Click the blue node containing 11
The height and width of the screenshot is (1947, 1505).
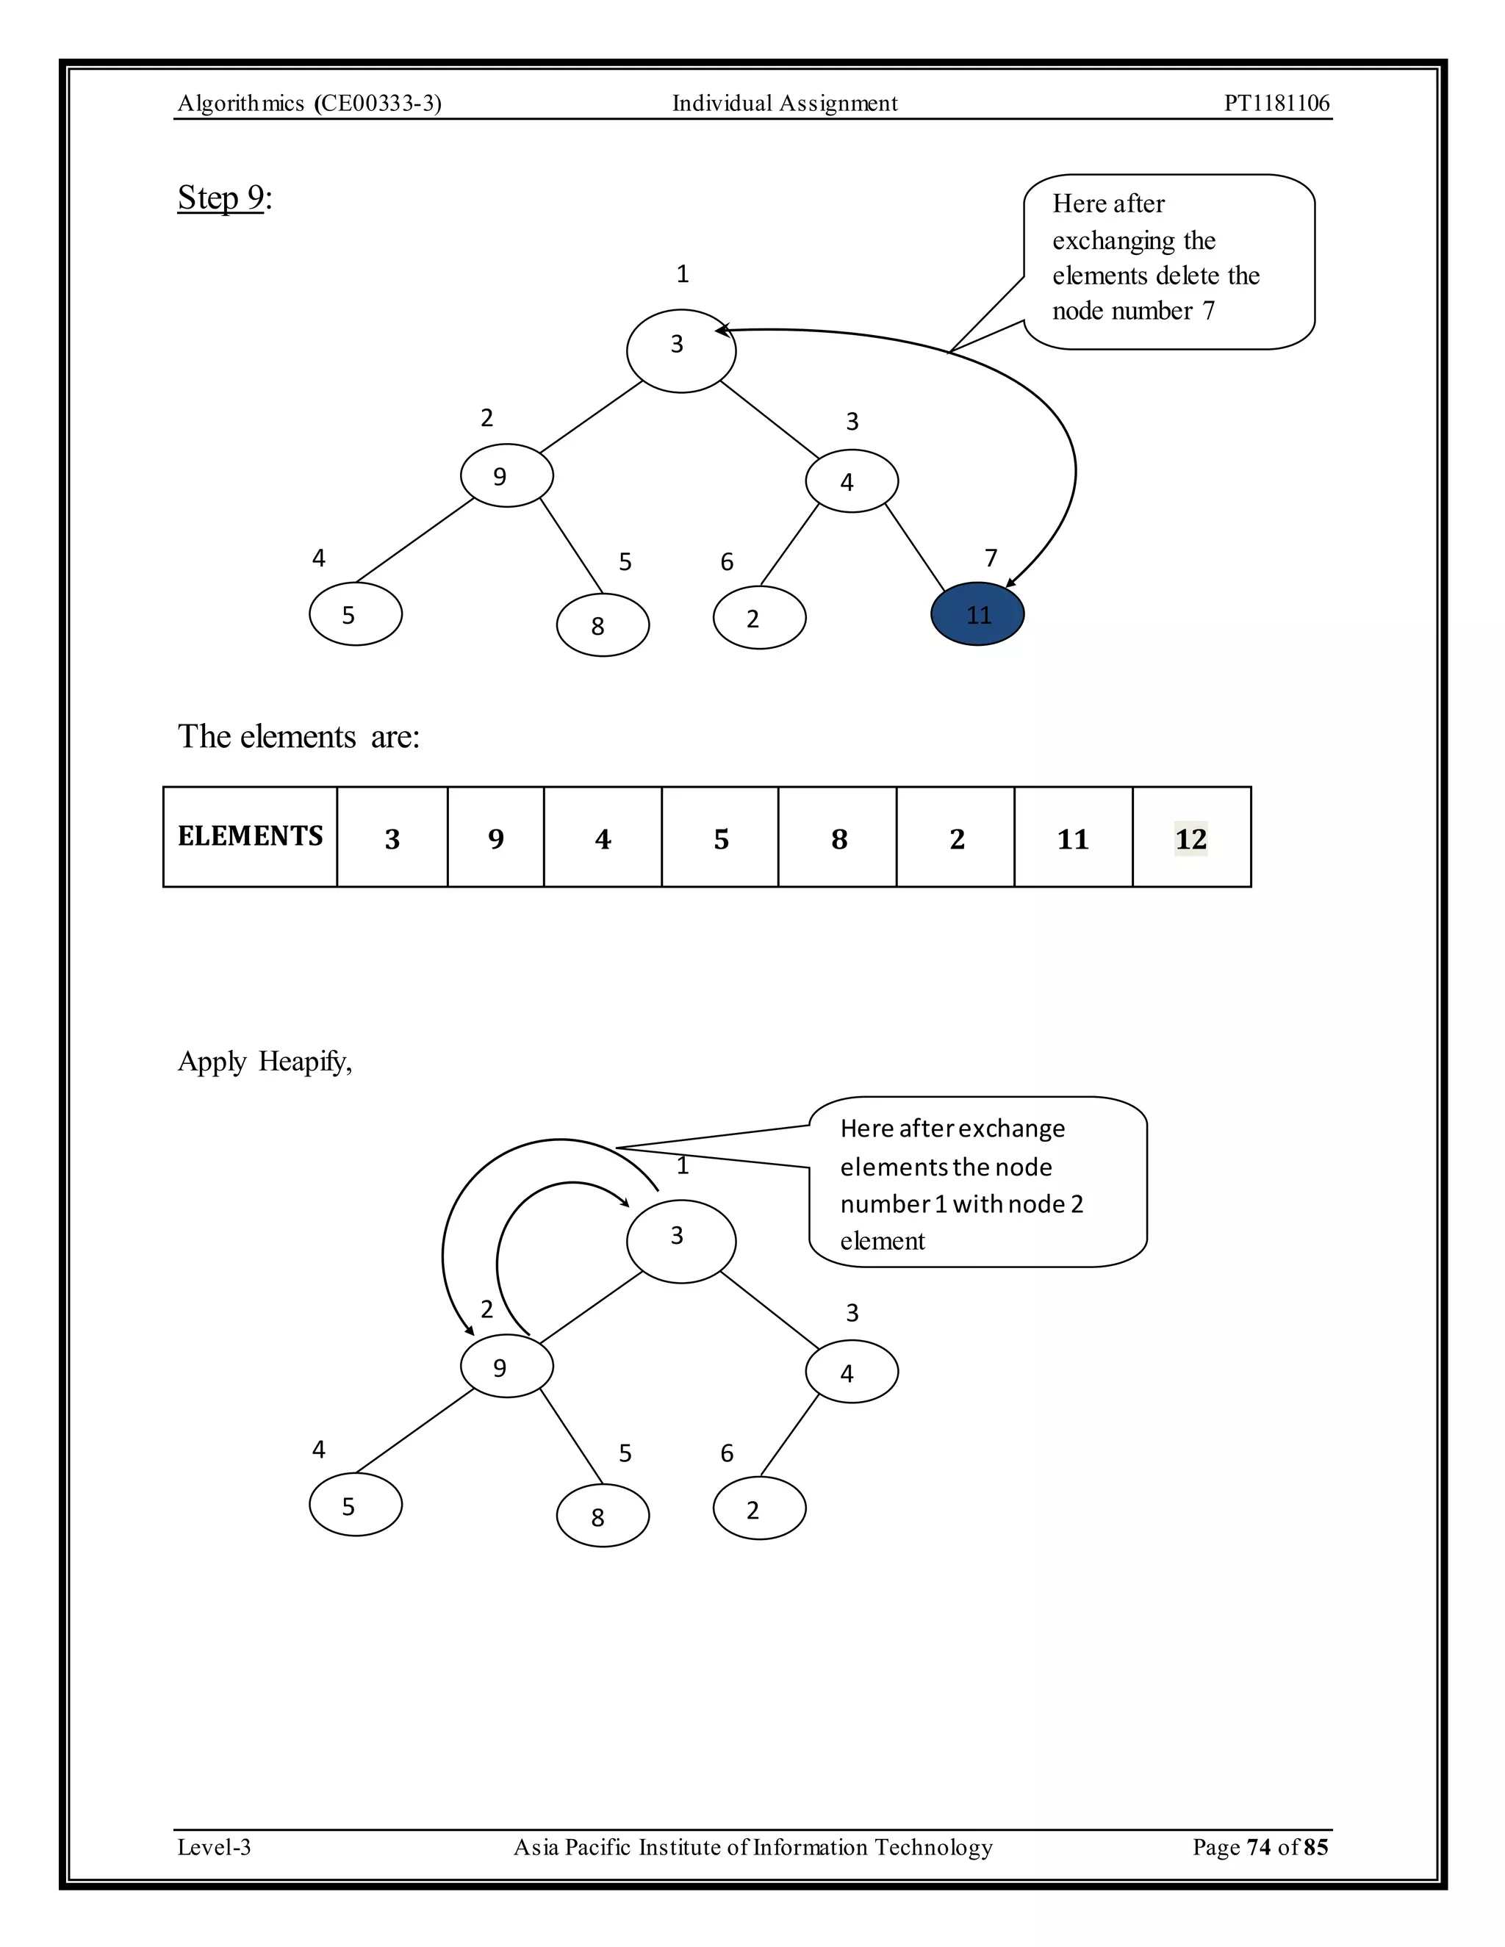[x=977, y=614]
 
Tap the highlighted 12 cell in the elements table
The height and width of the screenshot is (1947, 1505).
[x=1191, y=838]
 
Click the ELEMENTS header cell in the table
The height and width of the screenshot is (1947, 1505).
[x=250, y=836]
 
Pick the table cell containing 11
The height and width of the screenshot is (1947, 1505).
[x=1073, y=838]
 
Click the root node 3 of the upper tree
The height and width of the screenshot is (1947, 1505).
[x=681, y=350]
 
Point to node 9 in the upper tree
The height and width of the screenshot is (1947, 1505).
[x=506, y=476]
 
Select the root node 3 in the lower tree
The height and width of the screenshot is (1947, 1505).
[x=681, y=1241]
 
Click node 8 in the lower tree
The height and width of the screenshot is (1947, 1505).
[x=603, y=1516]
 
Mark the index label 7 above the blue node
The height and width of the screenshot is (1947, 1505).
[x=991, y=558]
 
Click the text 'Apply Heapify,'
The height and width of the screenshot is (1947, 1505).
[x=265, y=1062]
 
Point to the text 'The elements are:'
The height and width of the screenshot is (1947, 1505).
[x=298, y=737]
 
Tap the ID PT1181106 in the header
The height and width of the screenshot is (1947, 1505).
[x=1276, y=104]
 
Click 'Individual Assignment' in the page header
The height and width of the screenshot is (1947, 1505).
[x=785, y=104]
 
